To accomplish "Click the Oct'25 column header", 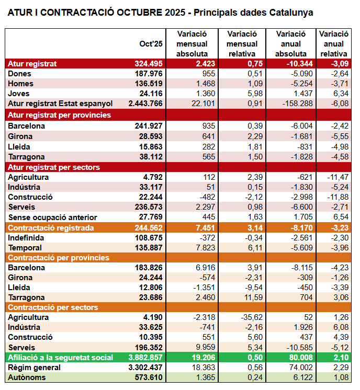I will coord(151,43).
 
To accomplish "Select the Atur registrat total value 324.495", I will coord(148,64).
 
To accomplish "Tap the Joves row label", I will coord(20,94).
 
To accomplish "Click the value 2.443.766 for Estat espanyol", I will coord(143,104).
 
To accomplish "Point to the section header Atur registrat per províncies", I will coord(59,115).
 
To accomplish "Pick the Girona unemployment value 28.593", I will coord(150,136).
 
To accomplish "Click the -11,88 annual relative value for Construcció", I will coord(337,197).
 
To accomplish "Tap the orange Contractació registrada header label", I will coord(51,227).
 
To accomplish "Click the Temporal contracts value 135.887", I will coord(148,248).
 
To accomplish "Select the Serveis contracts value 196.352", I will coord(148,348).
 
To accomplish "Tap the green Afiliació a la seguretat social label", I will coord(60,358).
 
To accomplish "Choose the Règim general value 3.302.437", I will coord(143,368).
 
